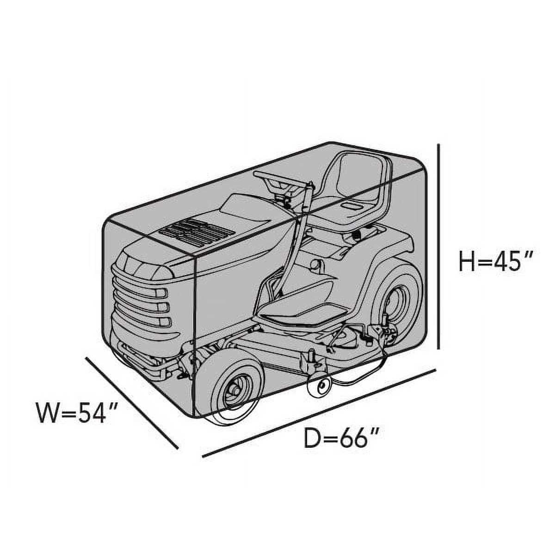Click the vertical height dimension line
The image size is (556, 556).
[x=439, y=246]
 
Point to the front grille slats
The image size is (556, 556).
[x=142, y=306]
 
